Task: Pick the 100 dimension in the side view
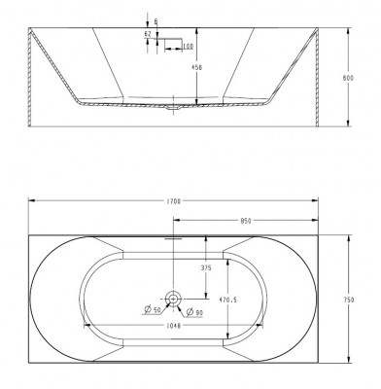(186, 47)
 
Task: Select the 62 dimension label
(147, 33)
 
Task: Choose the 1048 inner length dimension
(173, 326)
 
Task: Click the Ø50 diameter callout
(153, 310)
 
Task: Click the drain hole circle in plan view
(173, 298)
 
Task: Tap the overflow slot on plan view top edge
(173, 235)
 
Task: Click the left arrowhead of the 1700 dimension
(31, 200)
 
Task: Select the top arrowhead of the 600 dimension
(347, 29)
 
